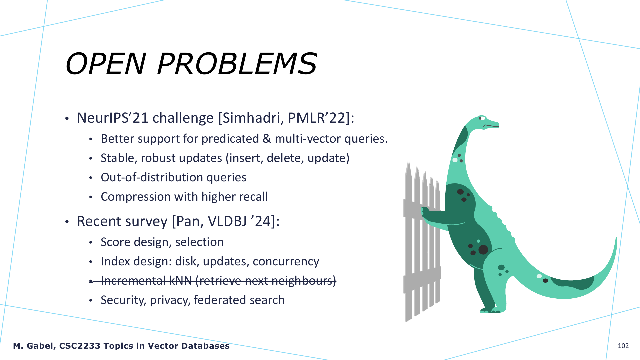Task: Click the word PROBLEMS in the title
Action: [x=237, y=64]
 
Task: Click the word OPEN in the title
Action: [x=106, y=64]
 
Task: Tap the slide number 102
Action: [x=623, y=346]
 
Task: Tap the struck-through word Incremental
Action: [x=133, y=281]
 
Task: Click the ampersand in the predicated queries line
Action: [x=267, y=139]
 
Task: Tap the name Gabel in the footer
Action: [x=41, y=346]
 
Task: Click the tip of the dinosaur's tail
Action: [x=617, y=237]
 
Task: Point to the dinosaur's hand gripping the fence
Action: [x=425, y=212]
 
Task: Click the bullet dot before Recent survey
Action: [x=67, y=222]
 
